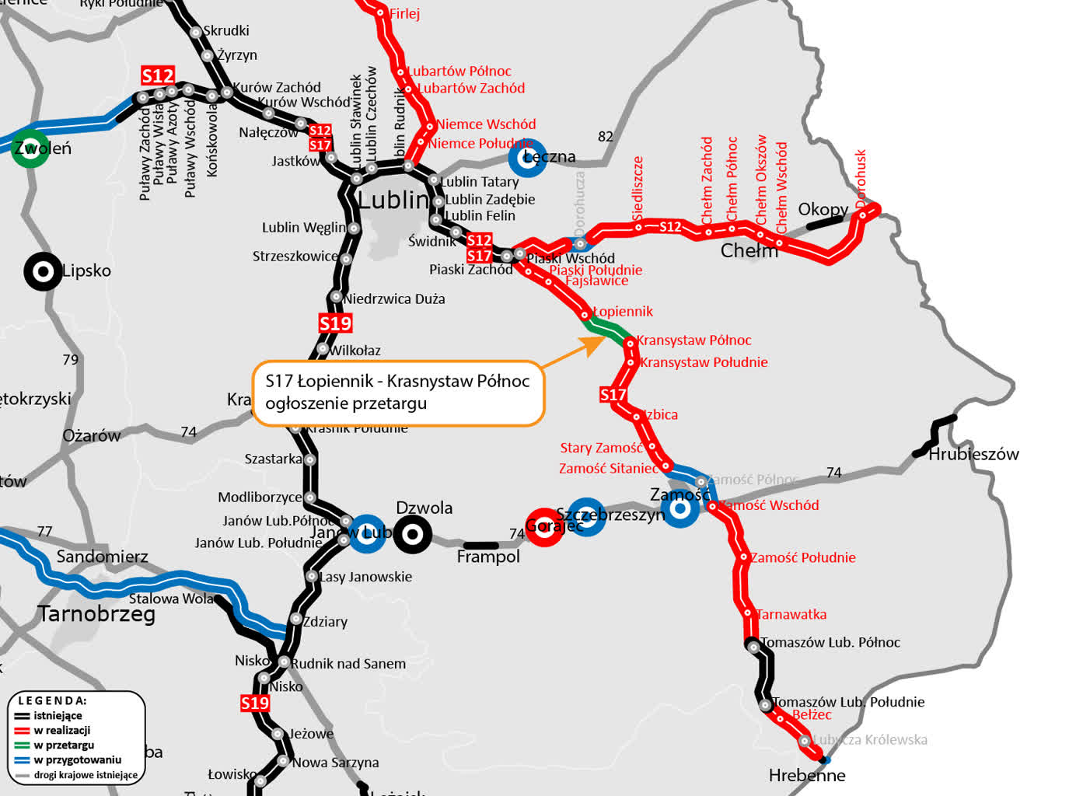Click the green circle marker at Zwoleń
30,148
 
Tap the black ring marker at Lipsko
42,272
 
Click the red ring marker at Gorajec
544,527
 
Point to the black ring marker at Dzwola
413,534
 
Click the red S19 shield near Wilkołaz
335,323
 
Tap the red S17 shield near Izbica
613,395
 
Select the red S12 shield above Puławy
158,75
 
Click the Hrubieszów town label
973,454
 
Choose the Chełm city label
749,250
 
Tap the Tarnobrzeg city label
96,614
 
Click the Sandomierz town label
102,557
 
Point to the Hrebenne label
807,775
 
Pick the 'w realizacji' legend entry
61,730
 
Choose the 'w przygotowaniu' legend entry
77,759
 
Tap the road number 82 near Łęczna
606,137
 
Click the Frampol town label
488,557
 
